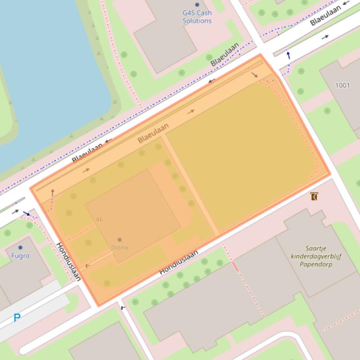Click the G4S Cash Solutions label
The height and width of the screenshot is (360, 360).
coord(197,17)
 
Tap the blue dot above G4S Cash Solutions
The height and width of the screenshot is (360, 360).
coord(197,5)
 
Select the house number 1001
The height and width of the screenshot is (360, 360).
coord(342,85)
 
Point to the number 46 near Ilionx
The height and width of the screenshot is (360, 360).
coord(99,219)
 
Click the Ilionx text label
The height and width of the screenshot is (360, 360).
coord(119,247)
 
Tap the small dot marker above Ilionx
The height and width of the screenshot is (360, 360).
coord(120,240)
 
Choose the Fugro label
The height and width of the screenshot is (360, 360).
coord(20,256)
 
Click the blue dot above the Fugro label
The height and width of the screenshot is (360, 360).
coord(20,247)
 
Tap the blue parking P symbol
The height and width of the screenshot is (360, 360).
coord(17,318)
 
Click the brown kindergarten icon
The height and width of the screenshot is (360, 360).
coord(314,196)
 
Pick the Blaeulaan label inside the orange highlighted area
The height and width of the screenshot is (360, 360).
coord(153,133)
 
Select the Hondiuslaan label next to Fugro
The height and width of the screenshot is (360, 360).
coord(69,261)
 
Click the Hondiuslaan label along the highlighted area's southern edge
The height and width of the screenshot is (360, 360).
coord(179,262)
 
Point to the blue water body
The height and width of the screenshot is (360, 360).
coord(47,70)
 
